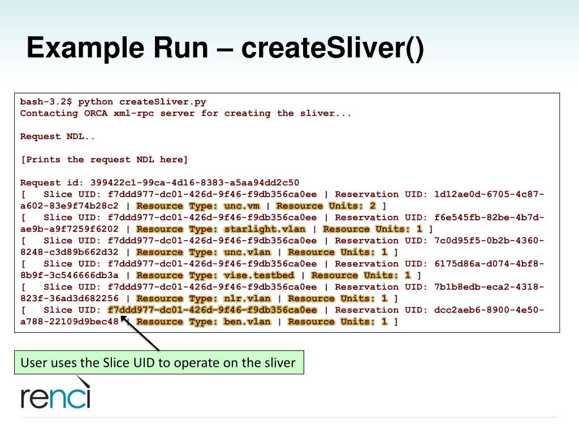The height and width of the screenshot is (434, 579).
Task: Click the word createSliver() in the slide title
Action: (x=332, y=49)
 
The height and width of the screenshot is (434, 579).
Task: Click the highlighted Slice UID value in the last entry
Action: (x=212, y=310)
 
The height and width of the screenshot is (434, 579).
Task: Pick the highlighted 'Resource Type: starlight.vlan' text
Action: (x=221, y=229)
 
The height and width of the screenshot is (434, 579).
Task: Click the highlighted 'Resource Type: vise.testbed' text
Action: (x=215, y=275)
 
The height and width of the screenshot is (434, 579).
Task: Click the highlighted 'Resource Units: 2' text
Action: (x=326, y=206)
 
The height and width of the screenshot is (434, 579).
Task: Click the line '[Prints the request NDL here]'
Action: (x=104, y=159)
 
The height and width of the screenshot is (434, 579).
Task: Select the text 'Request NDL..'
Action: (x=58, y=136)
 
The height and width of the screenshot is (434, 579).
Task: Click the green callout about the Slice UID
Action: (x=159, y=363)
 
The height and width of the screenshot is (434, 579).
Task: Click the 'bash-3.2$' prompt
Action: (x=46, y=102)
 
